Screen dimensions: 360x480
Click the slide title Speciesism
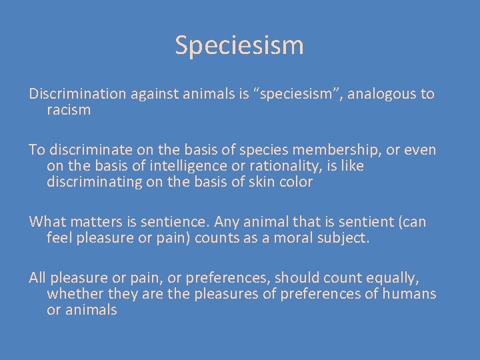tap(239, 45)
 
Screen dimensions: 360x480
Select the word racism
tap(69, 111)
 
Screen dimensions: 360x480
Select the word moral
tap(291, 238)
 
